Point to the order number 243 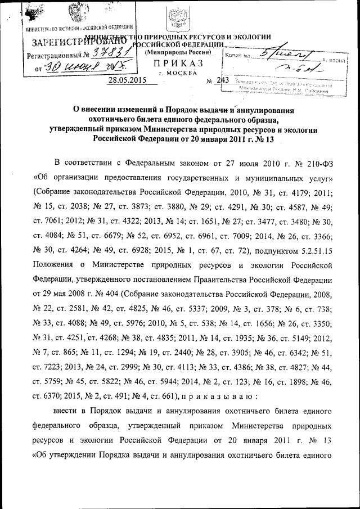click(x=223, y=80)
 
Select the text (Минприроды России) click(x=178, y=52)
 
